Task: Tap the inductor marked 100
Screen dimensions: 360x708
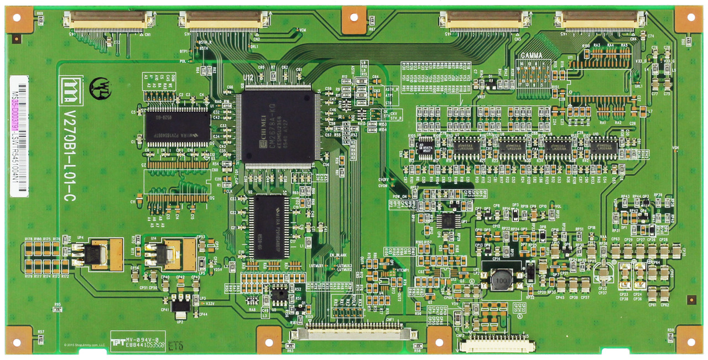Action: pyautogui.click(x=501, y=280)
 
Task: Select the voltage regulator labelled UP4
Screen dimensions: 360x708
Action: pyautogui.click(x=102, y=254)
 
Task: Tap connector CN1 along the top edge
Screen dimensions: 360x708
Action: pyautogui.click(x=108, y=22)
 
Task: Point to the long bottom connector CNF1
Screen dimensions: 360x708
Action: pyautogui.click(x=354, y=333)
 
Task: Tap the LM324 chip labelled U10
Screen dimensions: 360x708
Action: pyautogui.click(x=603, y=148)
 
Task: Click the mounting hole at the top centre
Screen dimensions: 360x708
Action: pyautogui.click(x=354, y=19)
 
